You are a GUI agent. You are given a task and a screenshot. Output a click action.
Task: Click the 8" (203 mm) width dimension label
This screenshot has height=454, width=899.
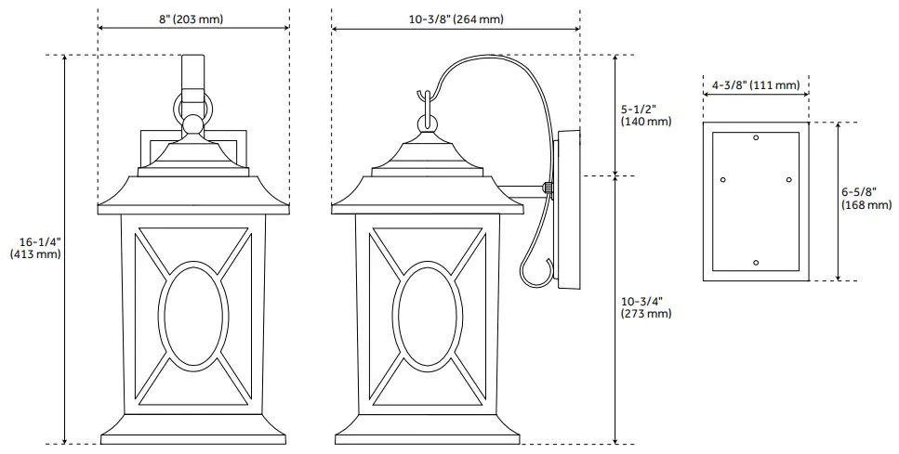pyautogui.click(x=192, y=19)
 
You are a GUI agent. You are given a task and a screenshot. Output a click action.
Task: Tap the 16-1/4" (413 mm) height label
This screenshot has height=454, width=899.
pyautogui.click(x=34, y=247)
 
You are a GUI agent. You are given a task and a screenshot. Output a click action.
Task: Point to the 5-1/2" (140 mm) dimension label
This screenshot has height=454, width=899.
pyautogui.click(x=644, y=114)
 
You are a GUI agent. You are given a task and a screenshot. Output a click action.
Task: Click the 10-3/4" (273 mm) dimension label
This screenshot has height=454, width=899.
pyautogui.click(x=645, y=307)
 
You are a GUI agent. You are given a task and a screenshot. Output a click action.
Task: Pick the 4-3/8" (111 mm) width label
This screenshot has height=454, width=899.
pyautogui.click(x=755, y=85)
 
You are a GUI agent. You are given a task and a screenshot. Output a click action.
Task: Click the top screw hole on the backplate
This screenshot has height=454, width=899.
pyautogui.click(x=756, y=138)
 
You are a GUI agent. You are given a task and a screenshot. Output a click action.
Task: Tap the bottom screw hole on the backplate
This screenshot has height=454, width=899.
pyautogui.click(x=756, y=264)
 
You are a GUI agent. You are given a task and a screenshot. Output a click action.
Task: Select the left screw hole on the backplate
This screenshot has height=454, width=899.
pyautogui.click(x=723, y=179)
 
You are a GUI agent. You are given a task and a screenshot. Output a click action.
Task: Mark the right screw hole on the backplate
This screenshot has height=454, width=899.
pyautogui.click(x=788, y=179)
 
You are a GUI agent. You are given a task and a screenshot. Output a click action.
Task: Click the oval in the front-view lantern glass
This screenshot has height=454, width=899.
pyautogui.click(x=193, y=313)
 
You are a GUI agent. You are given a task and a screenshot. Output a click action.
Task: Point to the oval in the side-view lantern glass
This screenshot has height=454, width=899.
pyautogui.click(x=427, y=313)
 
